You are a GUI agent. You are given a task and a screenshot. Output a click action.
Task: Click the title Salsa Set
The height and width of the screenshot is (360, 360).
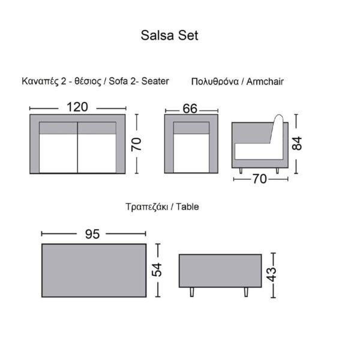(169, 35)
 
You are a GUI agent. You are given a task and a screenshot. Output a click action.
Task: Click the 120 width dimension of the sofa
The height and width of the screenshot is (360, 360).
(77, 107)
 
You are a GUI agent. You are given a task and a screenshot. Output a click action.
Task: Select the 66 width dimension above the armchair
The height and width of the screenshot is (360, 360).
(190, 109)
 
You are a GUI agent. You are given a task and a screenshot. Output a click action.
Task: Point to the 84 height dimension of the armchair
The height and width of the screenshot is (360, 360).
(296, 143)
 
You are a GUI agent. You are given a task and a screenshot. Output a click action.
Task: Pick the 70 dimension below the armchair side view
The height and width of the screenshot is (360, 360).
(260, 178)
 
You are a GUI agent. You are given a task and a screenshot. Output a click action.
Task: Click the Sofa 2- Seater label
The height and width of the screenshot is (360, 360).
(139, 80)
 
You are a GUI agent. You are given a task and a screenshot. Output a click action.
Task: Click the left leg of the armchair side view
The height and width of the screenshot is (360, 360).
(240, 172)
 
